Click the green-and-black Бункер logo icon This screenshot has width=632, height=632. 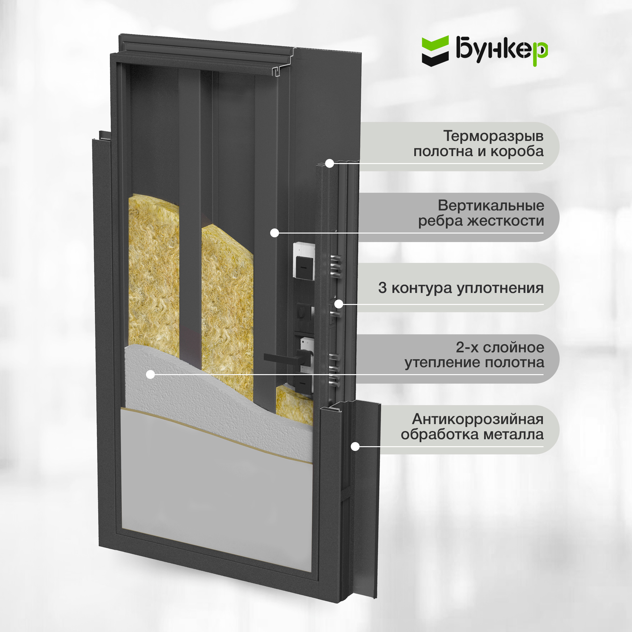click(x=435, y=51)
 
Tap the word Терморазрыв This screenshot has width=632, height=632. click(x=493, y=136)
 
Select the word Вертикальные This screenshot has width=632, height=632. click(x=491, y=205)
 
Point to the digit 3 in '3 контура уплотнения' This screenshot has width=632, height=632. click(x=382, y=288)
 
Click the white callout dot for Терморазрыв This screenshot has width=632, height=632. click(x=329, y=163)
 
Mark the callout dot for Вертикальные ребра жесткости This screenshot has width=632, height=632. click(x=275, y=233)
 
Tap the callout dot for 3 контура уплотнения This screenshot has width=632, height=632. click(x=338, y=304)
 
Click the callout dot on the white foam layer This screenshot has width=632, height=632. click(x=150, y=374)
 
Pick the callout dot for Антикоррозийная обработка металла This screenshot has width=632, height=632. click(x=355, y=446)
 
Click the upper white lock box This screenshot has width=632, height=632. click(x=304, y=261)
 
